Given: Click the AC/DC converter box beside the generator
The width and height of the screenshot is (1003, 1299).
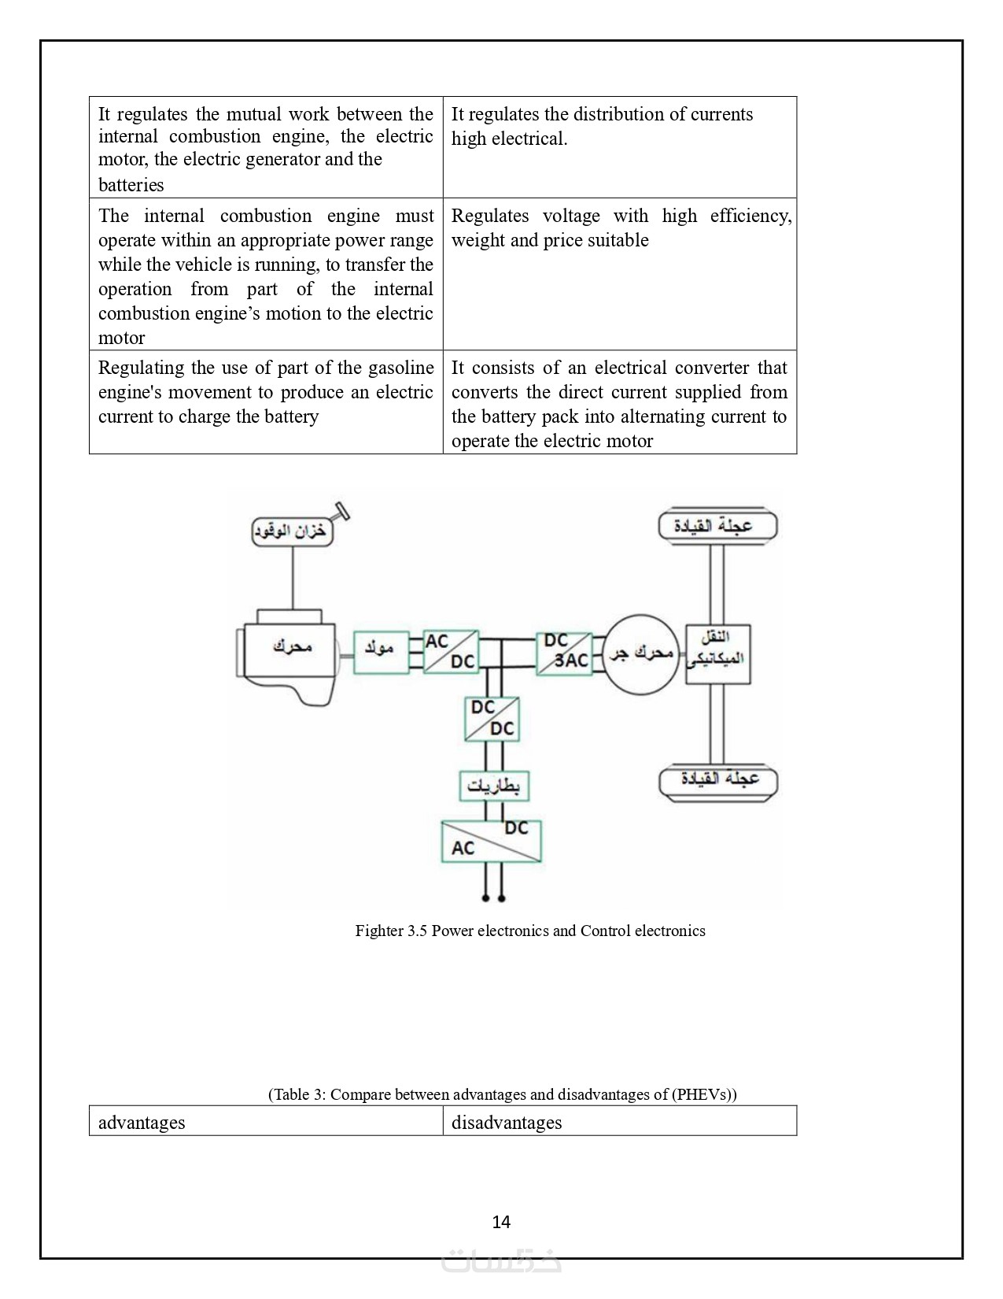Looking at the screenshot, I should tap(451, 651).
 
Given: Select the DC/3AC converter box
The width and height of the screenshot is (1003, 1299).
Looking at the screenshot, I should tap(564, 653).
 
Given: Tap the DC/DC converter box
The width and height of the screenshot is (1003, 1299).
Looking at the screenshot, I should tap(492, 718).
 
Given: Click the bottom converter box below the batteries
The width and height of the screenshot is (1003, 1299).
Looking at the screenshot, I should tap(491, 841).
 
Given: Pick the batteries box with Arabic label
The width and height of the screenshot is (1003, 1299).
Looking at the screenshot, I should tap(494, 785).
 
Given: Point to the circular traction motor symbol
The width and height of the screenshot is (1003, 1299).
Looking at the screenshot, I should tap(642, 653).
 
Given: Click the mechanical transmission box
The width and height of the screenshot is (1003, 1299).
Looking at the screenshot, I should tap(717, 654).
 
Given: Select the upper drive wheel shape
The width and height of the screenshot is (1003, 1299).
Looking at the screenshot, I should tap(717, 526).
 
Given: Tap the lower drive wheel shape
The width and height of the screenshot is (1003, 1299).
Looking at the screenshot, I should tap(717, 780).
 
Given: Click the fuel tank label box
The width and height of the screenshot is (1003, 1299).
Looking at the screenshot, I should tap(292, 531).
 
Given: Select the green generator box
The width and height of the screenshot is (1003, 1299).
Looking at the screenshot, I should tap(381, 652).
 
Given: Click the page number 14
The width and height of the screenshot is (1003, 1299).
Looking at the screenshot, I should tap(501, 1222).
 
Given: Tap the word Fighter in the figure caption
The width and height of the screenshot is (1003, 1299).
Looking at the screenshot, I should tap(378, 931).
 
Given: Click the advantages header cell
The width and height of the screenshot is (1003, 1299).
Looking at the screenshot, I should tap(266, 1121).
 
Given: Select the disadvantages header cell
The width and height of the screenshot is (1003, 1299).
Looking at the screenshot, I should tap(619, 1121).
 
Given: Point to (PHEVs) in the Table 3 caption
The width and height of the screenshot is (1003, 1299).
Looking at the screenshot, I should tap(704, 1094).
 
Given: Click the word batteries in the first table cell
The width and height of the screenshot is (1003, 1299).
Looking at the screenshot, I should tap(131, 185).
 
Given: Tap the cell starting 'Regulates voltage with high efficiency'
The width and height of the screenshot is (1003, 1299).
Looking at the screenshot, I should tap(619, 273).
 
